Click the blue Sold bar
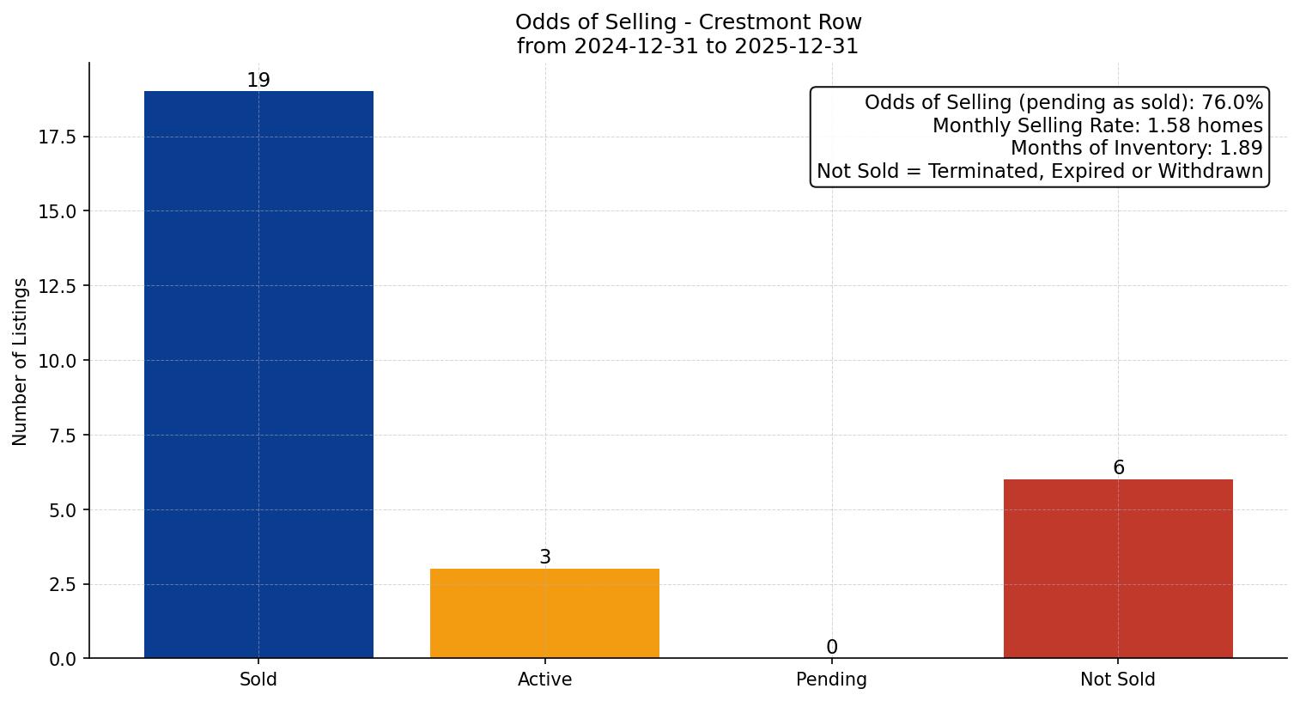(258, 375)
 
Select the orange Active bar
(544, 613)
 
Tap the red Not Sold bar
(1118, 569)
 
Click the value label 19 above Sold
(258, 81)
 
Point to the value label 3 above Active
(544, 558)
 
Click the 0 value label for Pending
(831, 647)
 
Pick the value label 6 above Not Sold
(1118, 468)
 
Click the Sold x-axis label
(258, 680)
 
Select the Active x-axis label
(544, 680)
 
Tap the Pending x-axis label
(831, 680)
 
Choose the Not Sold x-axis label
(1118, 680)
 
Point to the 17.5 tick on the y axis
(58, 137)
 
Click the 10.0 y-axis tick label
(58, 361)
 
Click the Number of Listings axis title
(21, 361)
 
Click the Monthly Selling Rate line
(1097, 126)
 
